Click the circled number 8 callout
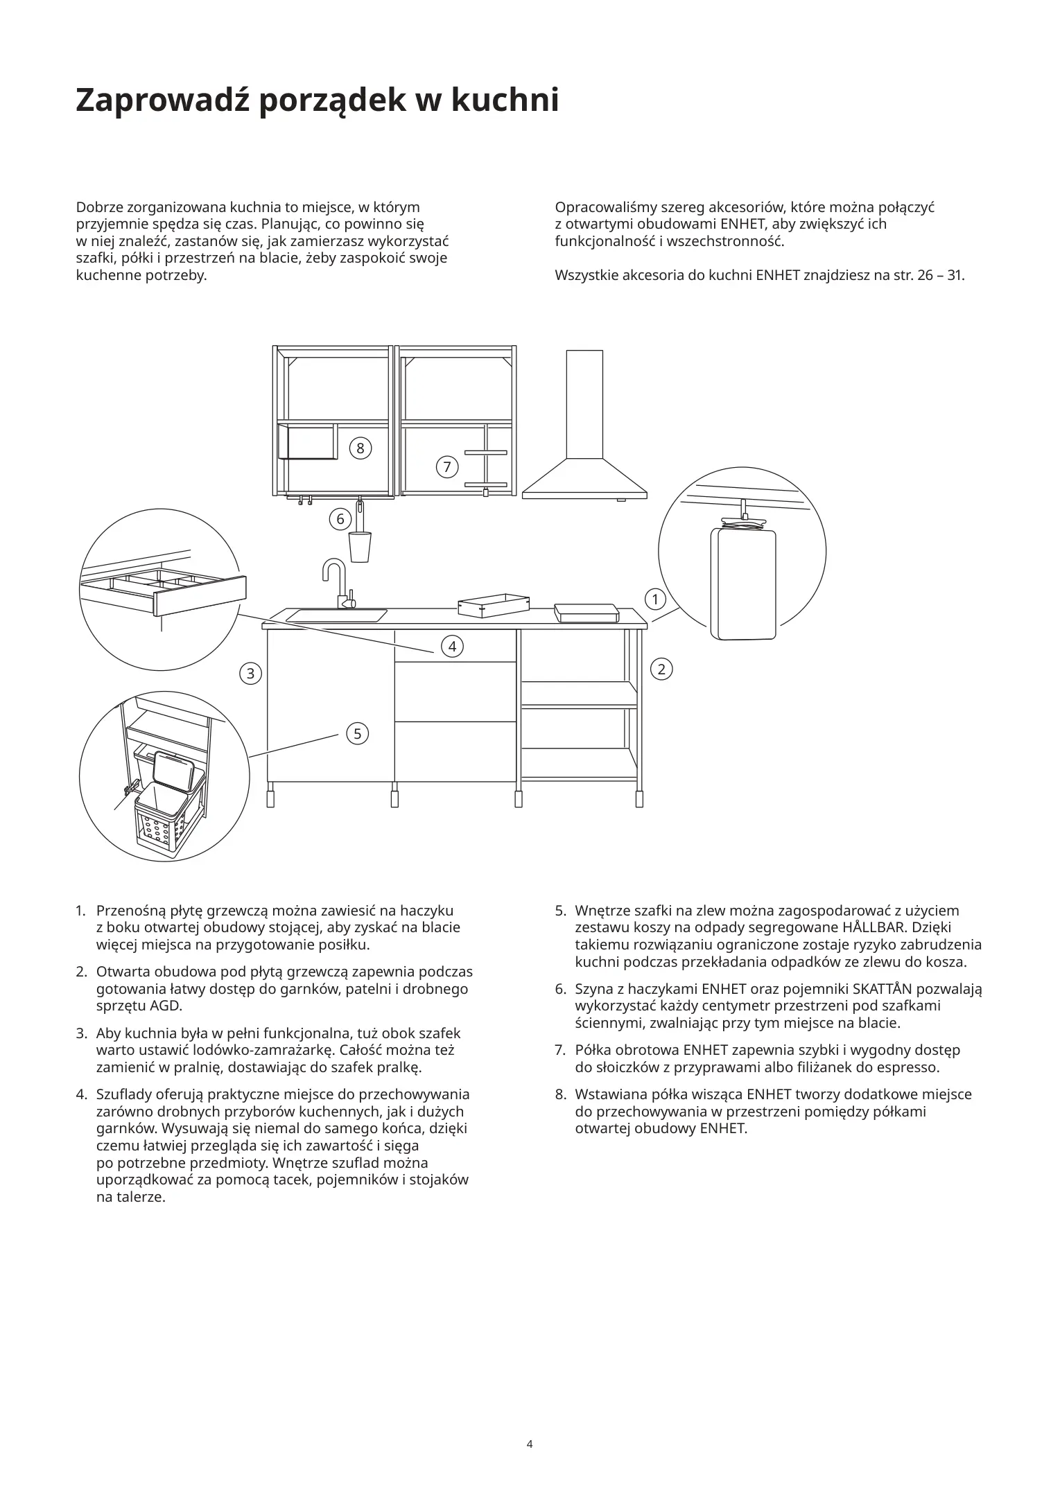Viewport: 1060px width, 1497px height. click(x=360, y=448)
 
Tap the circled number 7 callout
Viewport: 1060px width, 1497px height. click(x=447, y=467)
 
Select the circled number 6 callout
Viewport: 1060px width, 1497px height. click(x=340, y=518)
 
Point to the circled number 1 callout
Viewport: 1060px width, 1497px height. click(x=655, y=598)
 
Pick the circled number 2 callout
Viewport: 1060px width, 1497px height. click(x=661, y=669)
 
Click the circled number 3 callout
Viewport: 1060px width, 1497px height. click(x=250, y=672)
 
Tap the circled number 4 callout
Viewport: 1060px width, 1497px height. click(x=452, y=647)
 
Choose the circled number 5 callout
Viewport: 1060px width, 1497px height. click(x=357, y=733)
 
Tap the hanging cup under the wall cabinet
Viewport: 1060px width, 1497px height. click(x=360, y=545)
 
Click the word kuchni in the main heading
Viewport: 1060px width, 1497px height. click(x=506, y=100)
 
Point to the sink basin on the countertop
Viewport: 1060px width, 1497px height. click(x=337, y=615)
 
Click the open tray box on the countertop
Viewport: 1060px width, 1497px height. click(x=493, y=605)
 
